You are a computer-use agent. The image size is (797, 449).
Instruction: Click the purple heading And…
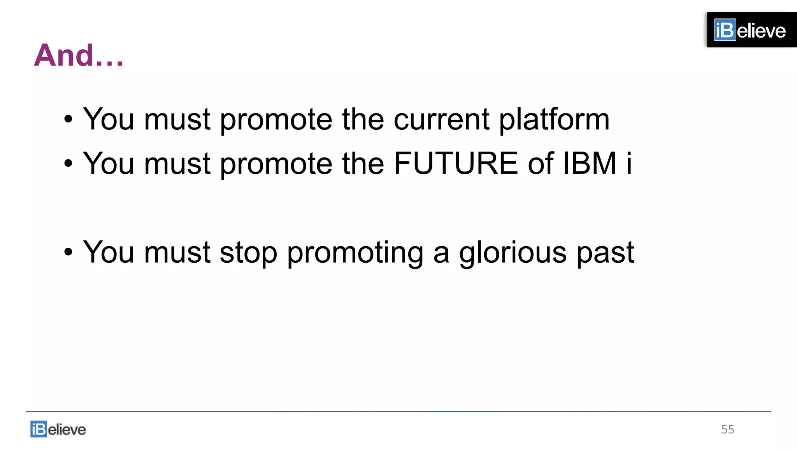click(79, 56)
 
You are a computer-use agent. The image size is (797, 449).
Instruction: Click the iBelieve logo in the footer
click(58, 429)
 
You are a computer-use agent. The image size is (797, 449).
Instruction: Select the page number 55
click(727, 430)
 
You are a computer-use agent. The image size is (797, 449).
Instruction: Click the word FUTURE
click(456, 163)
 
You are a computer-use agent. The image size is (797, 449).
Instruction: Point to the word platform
click(554, 119)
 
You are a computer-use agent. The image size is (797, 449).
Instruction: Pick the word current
click(441, 119)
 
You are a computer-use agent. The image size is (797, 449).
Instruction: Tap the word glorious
click(513, 253)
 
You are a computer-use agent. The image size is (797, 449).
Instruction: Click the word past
click(606, 253)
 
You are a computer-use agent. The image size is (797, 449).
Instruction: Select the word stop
click(248, 253)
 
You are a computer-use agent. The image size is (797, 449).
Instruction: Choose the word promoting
click(355, 253)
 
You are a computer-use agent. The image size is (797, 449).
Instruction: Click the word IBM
click(590, 163)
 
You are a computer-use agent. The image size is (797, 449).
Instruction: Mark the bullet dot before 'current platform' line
click(68, 119)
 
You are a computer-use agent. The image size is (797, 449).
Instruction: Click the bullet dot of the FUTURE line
click(68, 164)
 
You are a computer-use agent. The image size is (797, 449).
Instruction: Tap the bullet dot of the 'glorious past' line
click(68, 252)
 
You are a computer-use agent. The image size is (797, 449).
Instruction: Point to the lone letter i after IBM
click(628, 163)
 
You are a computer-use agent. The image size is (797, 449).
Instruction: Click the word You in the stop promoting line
click(109, 252)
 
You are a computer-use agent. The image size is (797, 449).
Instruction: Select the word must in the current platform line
click(177, 119)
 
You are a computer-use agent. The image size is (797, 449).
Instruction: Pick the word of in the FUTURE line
click(541, 163)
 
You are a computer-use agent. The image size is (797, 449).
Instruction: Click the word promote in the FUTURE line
click(276, 164)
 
